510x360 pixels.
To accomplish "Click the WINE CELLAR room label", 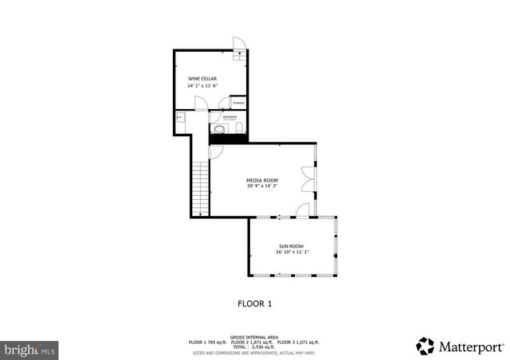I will pyautogui.click(x=202, y=79).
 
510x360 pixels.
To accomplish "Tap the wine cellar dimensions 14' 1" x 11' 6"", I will pyautogui.click(x=202, y=86).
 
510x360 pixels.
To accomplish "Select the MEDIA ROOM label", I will pyautogui.click(x=261, y=180).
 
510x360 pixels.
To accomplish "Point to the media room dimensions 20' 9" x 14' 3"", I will pyautogui.click(x=261, y=186).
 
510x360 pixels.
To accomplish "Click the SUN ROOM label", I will pyautogui.click(x=291, y=246).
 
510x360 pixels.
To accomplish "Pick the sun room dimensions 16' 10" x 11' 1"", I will pyautogui.click(x=291, y=252).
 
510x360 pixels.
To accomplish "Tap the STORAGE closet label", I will pyautogui.click(x=238, y=104).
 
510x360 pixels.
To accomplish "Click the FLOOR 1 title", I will pyautogui.click(x=255, y=303).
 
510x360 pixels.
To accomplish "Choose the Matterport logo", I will pyautogui.click(x=460, y=345).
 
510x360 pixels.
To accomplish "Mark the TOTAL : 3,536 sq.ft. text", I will pyautogui.click(x=255, y=346).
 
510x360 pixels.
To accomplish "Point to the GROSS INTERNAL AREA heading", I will pyautogui.click(x=255, y=337).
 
